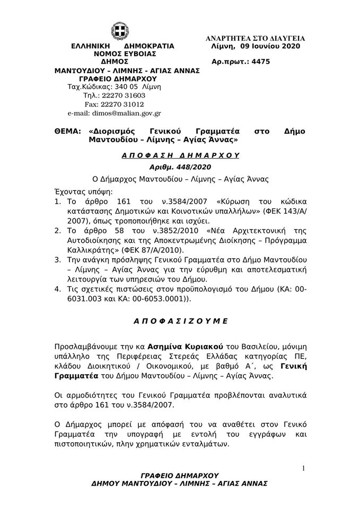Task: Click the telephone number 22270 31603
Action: pos(126,95)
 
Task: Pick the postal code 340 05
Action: pos(123,87)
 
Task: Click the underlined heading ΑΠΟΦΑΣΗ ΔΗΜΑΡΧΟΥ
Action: pos(180,155)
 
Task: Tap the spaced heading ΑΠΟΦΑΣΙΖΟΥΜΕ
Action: pos(180,321)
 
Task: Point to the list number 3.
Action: pos(57,260)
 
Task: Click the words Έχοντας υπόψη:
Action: pos(80,190)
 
